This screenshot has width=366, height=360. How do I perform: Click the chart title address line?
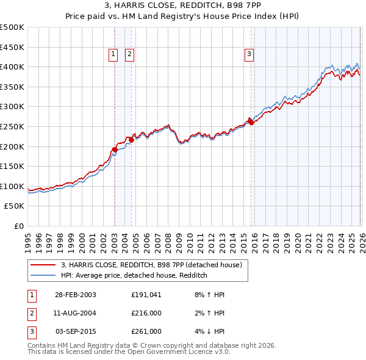tap(183, 6)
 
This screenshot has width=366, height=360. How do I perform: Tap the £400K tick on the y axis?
tap(12, 67)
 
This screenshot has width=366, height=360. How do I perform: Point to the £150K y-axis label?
tap(12, 166)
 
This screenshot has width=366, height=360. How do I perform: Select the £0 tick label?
tap(19, 226)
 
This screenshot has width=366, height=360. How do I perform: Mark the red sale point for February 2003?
tap(115, 149)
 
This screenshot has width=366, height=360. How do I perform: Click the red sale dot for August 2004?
tap(131, 140)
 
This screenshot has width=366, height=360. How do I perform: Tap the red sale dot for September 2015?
tap(250, 121)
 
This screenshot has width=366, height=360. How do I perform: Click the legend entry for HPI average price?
tap(134, 276)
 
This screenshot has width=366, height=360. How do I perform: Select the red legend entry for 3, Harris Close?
tap(151, 265)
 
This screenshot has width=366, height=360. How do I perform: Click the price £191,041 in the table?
tap(146, 295)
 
